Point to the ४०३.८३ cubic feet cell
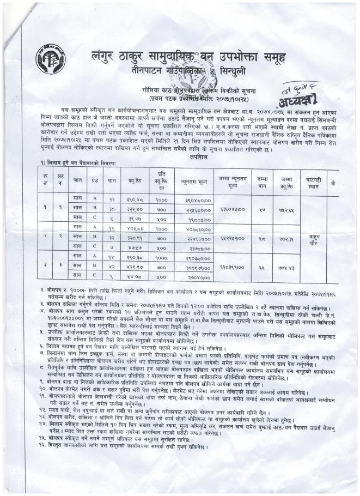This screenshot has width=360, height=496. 135,228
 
